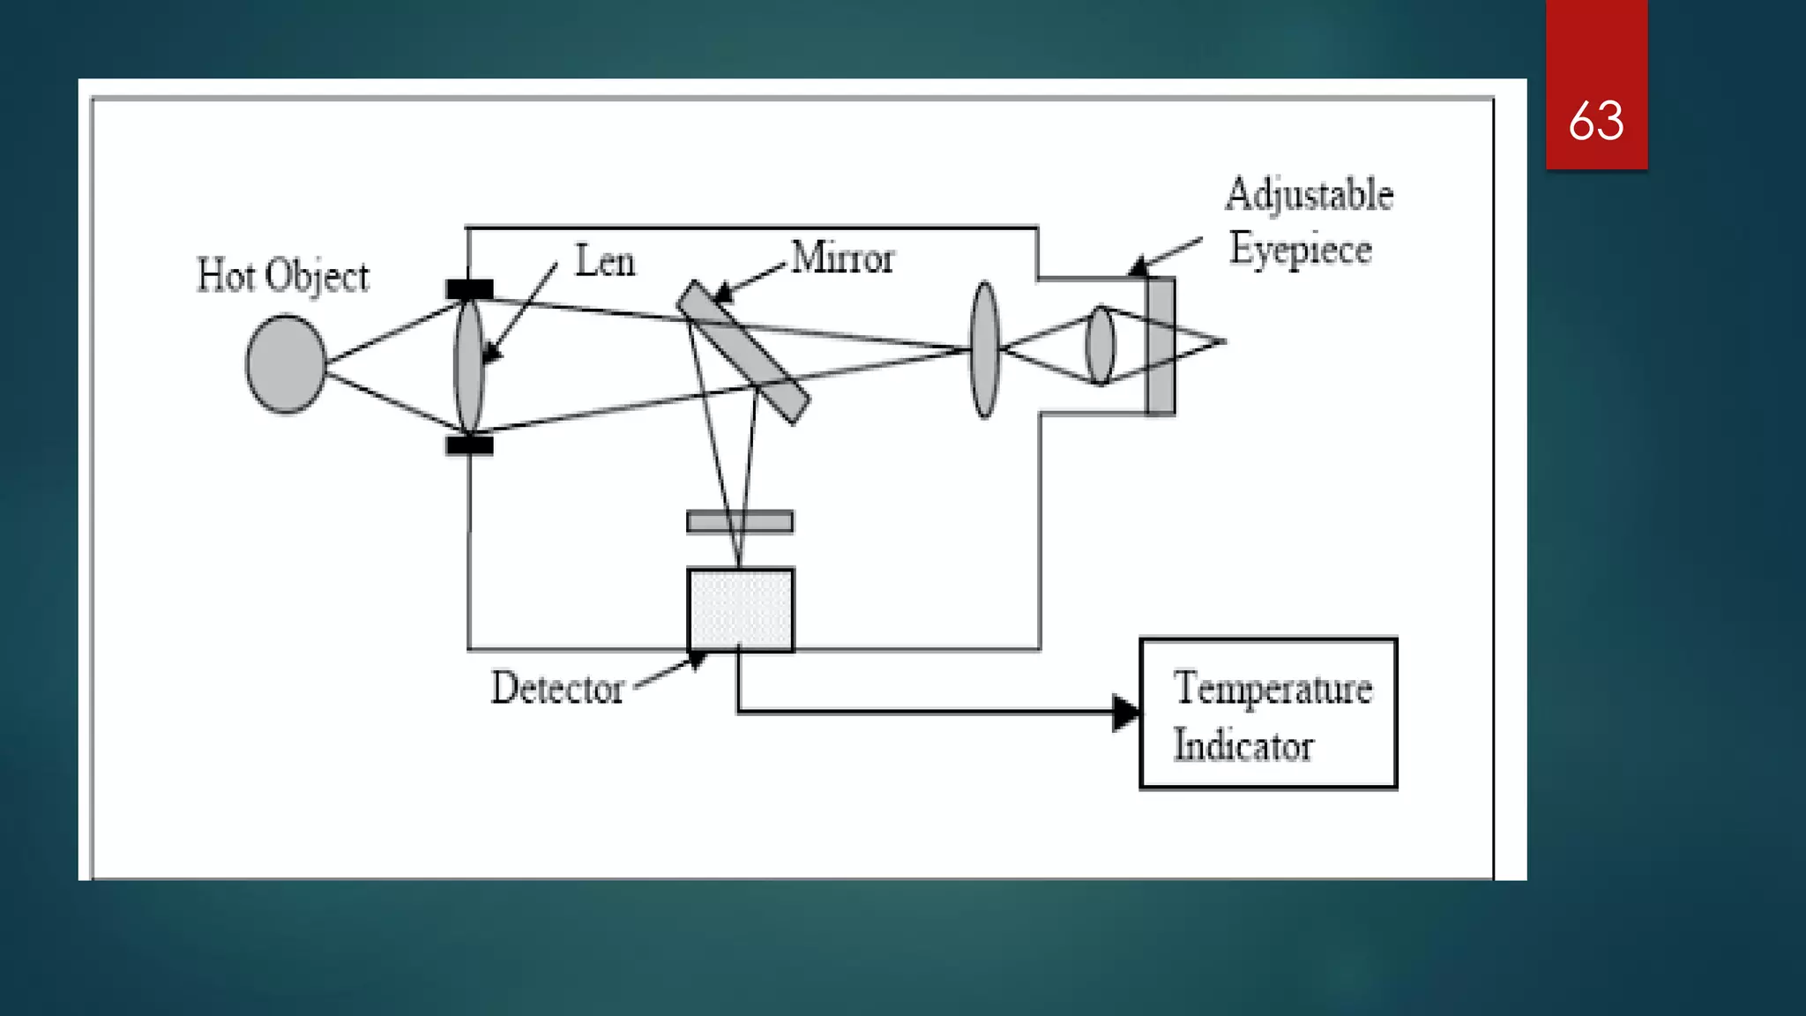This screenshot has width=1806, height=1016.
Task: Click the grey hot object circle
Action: click(x=285, y=363)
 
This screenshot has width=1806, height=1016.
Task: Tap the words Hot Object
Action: click(x=282, y=276)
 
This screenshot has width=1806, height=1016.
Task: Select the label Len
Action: click(x=605, y=261)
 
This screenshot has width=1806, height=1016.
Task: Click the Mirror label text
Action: click(x=842, y=258)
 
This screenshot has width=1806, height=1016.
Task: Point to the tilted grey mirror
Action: click(x=743, y=351)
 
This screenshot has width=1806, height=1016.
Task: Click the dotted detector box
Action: click(x=740, y=609)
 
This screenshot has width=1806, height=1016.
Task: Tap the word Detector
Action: click(x=557, y=688)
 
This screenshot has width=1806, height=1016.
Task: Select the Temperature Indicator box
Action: click(x=1268, y=713)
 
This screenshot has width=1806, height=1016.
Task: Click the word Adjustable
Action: click(x=1309, y=194)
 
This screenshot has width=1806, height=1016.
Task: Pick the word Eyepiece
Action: click(x=1301, y=249)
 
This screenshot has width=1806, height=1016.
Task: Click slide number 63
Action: click(x=1596, y=120)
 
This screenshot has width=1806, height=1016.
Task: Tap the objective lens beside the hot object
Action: click(x=469, y=365)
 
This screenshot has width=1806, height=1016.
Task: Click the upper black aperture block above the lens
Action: click(x=469, y=289)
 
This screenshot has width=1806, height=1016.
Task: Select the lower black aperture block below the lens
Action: click(x=469, y=444)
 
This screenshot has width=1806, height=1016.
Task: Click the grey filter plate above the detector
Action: click(x=740, y=522)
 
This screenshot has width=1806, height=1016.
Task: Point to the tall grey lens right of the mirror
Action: click(x=984, y=350)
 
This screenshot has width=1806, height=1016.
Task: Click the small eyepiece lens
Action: click(x=1100, y=345)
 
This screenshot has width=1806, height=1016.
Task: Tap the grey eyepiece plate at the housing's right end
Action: click(x=1160, y=346)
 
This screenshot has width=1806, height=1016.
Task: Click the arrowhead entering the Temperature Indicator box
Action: click(x=1125, y=713)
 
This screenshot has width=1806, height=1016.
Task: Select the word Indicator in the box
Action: click(x=1243, y=746)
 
